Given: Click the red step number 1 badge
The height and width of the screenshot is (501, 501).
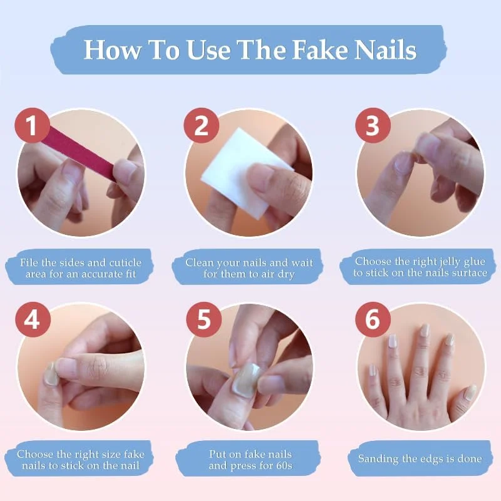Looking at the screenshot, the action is (33, 125).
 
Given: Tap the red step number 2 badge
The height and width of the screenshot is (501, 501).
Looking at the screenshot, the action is (202, 125).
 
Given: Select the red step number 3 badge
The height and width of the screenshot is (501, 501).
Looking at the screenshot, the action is (373, 125).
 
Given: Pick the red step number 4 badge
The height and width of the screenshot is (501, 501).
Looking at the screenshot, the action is (33, 319).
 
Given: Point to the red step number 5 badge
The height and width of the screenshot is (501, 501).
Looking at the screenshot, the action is (204, 319).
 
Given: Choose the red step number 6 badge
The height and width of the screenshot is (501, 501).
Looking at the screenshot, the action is (373, 319).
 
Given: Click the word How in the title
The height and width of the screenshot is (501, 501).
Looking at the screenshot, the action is (112, 50).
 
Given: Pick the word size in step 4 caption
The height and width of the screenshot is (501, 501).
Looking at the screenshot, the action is (113, 455).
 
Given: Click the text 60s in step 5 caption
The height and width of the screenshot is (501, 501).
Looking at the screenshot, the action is (284, 465).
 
